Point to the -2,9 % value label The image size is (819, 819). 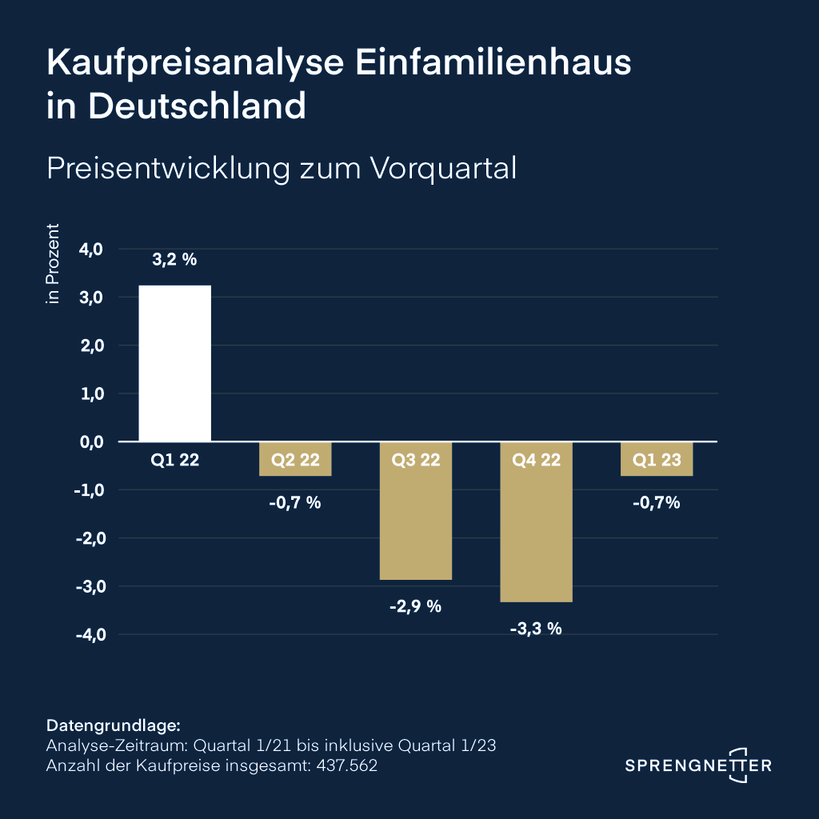[416, 605]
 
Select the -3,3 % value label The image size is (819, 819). [536, 628]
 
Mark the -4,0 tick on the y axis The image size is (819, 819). [90, 634]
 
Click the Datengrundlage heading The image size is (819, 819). [114, 726]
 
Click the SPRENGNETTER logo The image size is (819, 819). [698, 765]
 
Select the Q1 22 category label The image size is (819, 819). [175, 460]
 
